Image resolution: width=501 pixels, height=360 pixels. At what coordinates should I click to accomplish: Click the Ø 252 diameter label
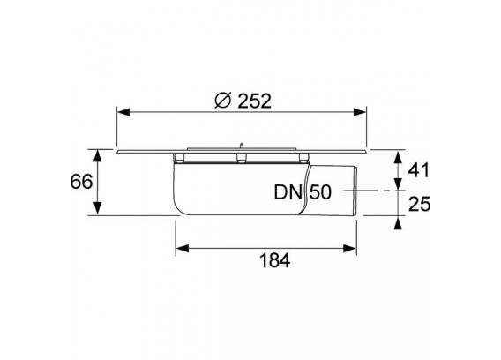pos(243,101)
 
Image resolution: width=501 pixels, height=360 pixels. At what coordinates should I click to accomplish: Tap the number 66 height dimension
pos(81,182)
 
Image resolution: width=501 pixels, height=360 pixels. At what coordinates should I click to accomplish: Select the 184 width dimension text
pos(275,260)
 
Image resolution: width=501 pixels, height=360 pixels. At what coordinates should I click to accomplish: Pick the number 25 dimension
pos(420,204)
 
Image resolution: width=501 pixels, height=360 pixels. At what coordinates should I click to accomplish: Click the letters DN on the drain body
pos(288,192)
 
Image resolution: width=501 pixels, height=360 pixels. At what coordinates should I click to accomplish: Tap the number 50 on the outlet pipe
pos(320,192)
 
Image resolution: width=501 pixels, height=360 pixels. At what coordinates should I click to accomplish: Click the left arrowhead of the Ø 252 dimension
pos(123,112)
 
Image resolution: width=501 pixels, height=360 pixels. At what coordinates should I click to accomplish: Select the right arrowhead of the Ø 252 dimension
pos(360,112)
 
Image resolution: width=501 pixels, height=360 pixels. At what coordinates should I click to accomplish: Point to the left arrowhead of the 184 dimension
pos(183,249)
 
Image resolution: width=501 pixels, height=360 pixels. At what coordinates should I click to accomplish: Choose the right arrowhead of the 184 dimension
pos(350,249)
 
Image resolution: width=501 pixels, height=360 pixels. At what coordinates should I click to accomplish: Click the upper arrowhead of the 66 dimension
pos(98,155)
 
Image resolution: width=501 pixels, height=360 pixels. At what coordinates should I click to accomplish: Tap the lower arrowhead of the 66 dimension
pos(98,208)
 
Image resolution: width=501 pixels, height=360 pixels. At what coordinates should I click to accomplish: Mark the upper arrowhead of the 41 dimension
pos(398,158)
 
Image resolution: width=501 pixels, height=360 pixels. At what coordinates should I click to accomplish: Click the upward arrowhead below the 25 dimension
pos(398,222)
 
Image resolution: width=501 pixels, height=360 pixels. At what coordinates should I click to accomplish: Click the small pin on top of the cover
pos(242,146)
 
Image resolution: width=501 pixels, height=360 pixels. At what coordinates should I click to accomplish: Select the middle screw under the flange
pos(242,158)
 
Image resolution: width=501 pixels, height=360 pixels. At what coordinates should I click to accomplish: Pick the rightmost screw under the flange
pos(303,158)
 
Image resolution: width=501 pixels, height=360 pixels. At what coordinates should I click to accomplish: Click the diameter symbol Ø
pos(222,101)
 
